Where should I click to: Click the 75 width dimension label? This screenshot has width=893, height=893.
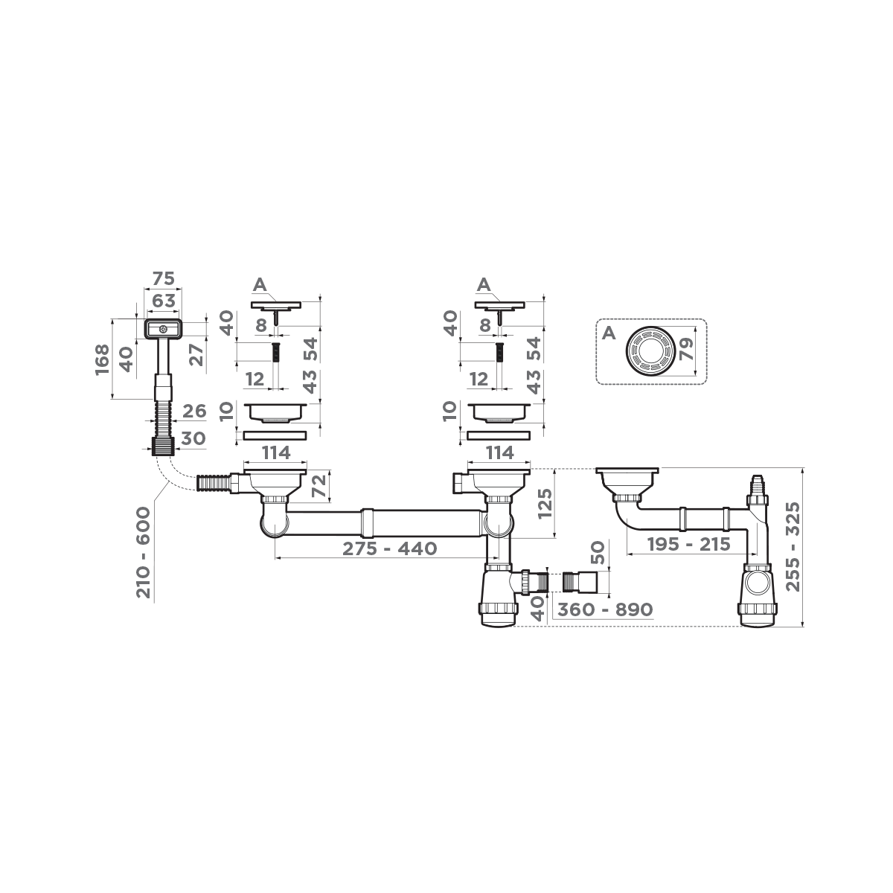pos(163,279)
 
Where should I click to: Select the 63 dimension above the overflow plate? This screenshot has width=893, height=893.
pos(163,301)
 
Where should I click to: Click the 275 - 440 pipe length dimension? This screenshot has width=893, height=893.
pos(389,549)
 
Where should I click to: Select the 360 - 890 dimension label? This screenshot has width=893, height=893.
pos(605,609)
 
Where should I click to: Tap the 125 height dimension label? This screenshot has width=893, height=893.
pos(545,513)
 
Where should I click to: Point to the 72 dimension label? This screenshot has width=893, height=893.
pos(319,485)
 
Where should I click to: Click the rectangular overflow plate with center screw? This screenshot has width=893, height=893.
pos(162,327)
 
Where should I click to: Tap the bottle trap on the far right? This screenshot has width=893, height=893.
pos(758,592)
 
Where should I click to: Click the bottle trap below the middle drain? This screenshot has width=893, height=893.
pos(499,595)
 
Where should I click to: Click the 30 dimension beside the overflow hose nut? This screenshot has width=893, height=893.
pos(193,439)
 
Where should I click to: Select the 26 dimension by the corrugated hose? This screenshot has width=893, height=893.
pos(193,411)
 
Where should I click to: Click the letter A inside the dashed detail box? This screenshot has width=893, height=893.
pos(608,333)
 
